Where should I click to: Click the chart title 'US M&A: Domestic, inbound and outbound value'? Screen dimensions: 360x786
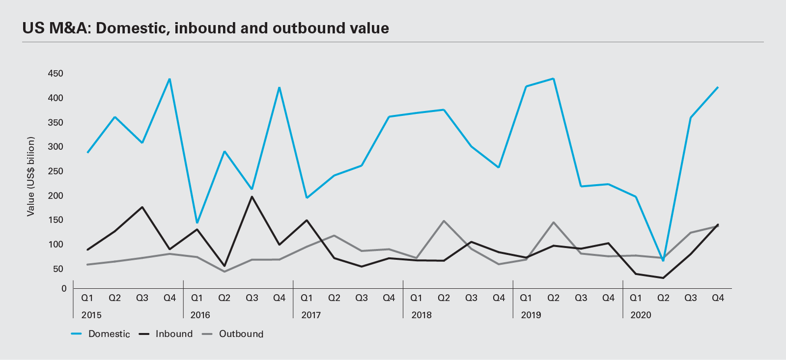click(x=205, y=28)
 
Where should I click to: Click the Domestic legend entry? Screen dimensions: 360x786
click(x=109, y=334)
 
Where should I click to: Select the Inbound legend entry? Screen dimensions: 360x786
click(x=174, y=334)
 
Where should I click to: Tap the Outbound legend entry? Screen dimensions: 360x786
click(x=241, y=334)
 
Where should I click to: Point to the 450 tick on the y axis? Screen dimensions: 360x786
click(x=56, y=74)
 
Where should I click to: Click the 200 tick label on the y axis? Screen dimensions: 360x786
click(x=56, y=195)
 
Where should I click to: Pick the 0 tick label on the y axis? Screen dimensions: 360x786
click(x=64, y=289)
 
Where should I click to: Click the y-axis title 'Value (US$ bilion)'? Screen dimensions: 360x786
click(x=31, y=176)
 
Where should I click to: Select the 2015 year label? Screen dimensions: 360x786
click(x=91, y=315)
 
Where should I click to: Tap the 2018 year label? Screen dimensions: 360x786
click(x=421, y=315)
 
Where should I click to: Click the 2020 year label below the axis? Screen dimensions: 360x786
click(x=641, y=315)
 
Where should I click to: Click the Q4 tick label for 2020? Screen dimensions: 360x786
click(x=718, y=298)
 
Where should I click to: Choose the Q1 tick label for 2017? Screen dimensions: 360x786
click(x=307, y=298)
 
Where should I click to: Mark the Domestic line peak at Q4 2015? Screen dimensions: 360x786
click(x=169, y=79)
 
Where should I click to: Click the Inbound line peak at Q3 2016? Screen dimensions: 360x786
click(x=252, y=197)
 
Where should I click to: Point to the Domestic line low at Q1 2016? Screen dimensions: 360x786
click(x=197, y=222)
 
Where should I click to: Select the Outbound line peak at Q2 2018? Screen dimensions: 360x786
click(x=444, y=221)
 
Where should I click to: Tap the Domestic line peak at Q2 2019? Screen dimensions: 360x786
click(x=554, y=79)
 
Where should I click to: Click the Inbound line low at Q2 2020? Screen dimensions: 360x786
click(x=663, y=278)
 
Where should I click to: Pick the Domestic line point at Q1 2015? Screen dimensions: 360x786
click(x=87, y=152)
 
